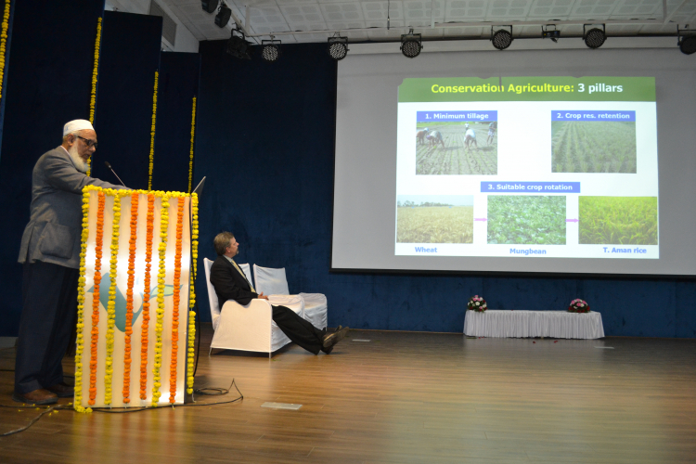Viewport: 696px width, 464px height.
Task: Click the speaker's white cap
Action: point(78,127)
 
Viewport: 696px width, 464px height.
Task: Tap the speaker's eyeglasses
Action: point(87,142)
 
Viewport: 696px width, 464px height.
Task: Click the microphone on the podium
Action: point(114,174)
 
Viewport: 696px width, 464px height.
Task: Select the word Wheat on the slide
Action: point(426,250)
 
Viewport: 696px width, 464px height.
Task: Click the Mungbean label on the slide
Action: point(528,251)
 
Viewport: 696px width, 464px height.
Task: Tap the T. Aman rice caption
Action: point(625,251)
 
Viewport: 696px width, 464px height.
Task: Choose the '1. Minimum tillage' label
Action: point(457,116)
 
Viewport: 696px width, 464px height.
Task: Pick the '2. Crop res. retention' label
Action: point(593,116)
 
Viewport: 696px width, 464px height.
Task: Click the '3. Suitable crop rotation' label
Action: point(530,187)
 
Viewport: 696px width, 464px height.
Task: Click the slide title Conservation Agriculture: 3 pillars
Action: point(526,88)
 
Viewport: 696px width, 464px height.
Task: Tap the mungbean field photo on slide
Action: point(526,220)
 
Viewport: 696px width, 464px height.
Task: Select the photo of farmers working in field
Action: point(457,148)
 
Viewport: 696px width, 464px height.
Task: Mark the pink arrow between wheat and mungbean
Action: point(481,219)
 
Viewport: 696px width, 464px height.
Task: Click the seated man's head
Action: point(226,244)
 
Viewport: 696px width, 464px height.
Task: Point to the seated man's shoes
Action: point(335,339)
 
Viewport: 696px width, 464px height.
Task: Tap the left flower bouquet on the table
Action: point(477,303)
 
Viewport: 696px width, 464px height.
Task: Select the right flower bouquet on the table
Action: point(579,306)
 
